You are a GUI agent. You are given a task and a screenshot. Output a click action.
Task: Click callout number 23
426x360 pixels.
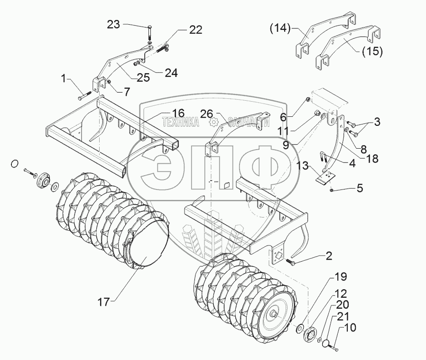pyautogui.click(x=114, y=24)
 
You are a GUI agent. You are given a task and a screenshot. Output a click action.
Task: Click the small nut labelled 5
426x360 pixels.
pyautogui.click(x=331, y=190)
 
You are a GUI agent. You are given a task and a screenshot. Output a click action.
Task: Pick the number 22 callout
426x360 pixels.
pyautogui.click(x=195, y=30)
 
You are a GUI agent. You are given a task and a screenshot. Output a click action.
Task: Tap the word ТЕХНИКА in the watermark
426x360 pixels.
pyautogui.click(x=180, y=122)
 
